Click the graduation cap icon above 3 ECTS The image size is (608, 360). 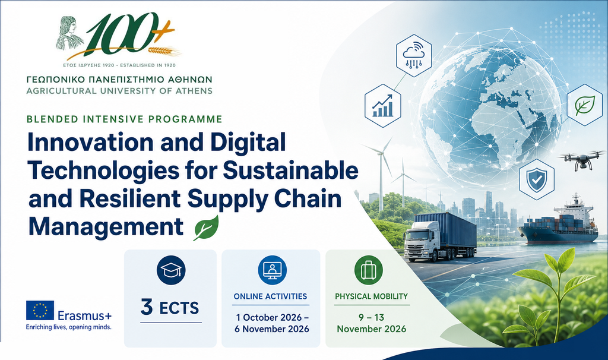click(171, 270)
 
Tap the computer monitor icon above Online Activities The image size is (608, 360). click(272, 270)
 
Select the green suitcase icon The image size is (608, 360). click(368, 270)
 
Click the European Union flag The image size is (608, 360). click(40, 310)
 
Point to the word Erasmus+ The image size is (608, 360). click(84, 315)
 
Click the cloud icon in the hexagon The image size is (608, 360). click(414, 55)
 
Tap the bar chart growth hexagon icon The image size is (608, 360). click(383, 106)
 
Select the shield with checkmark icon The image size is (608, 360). click(537, 179)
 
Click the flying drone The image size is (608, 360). click(581, 159)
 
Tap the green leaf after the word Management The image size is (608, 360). click(206, 229)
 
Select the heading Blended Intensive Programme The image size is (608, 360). click(125, 119)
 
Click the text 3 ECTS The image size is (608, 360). click(170, 307)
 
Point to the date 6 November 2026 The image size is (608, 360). click(272, 329)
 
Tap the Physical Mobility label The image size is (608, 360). click(372, 296)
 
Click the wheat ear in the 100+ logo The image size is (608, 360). click(164, 51)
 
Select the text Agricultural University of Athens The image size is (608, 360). click(119, 91)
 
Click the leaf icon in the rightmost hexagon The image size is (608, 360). click(585, 105)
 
